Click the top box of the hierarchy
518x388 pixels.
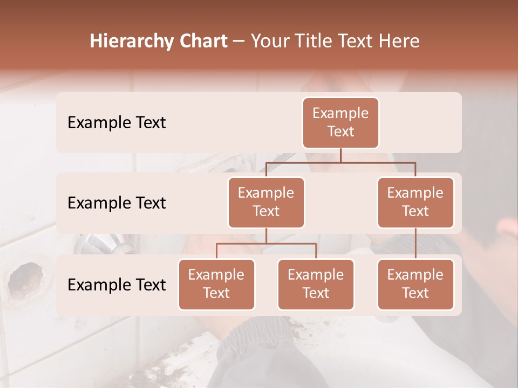tap(340, 123)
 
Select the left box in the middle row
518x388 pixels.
tap(266, 202)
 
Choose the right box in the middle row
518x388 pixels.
tap(415, 202)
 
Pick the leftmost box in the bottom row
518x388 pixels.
tap(216, 284)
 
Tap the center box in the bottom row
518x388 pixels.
tap(316, 284)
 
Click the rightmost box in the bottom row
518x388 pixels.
tap(415, 284)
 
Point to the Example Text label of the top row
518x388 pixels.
tap(117, 123)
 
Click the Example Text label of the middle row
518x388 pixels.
tap(117, 203)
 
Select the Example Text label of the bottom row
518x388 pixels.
tap(117, 285)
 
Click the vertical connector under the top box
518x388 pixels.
tap(340, 155)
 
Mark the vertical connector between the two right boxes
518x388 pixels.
tap(415, 243)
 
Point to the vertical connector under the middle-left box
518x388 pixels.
tap(266, 235)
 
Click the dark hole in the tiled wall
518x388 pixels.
tap(24, 278)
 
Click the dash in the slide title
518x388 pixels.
tap(239, 41)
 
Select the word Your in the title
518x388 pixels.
tap(269, 41)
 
